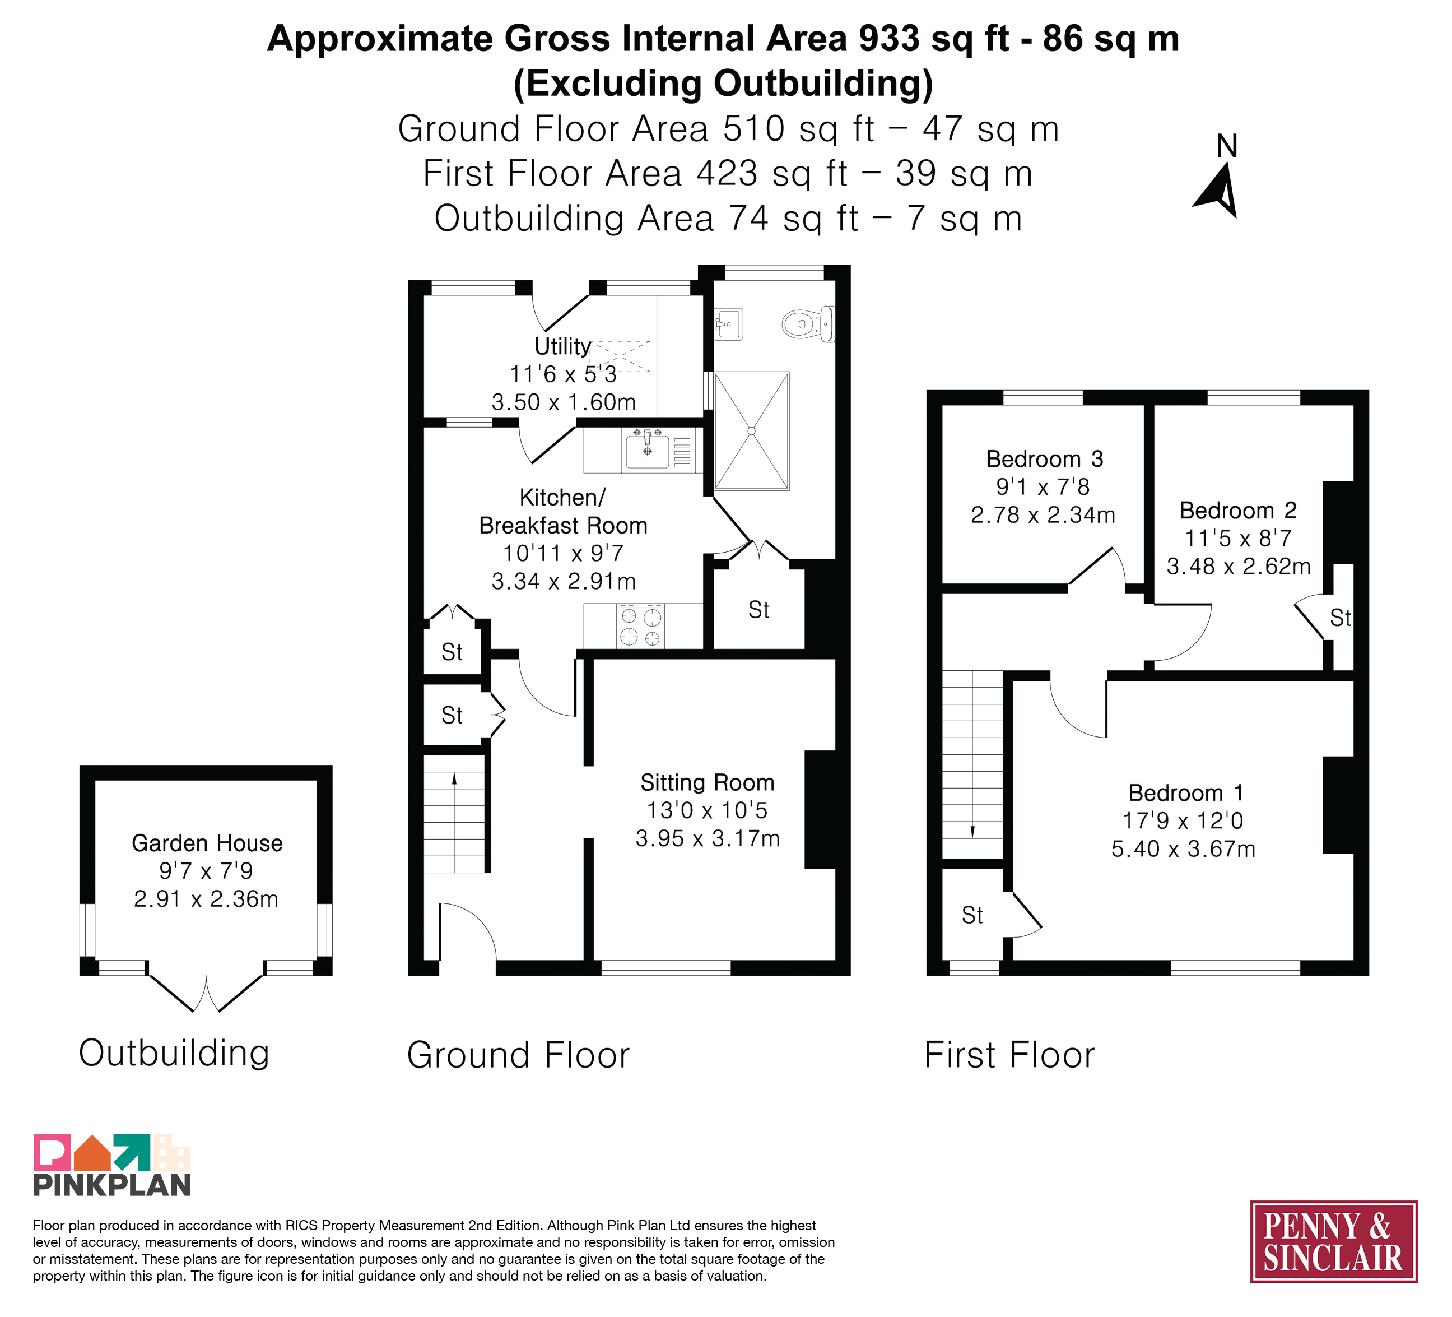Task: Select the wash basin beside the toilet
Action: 728,324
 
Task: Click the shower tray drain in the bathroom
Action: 751,431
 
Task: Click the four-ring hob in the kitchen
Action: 640,626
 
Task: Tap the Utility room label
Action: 562,346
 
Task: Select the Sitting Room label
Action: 708,782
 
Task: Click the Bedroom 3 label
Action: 1044,459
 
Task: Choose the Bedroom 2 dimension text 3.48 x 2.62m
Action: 1239,566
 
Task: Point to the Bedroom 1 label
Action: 1185,792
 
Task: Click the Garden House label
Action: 207,843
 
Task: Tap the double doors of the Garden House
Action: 206,993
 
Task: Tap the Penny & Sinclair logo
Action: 1334,1241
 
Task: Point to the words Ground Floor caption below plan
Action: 519,1055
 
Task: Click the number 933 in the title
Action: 889,38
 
